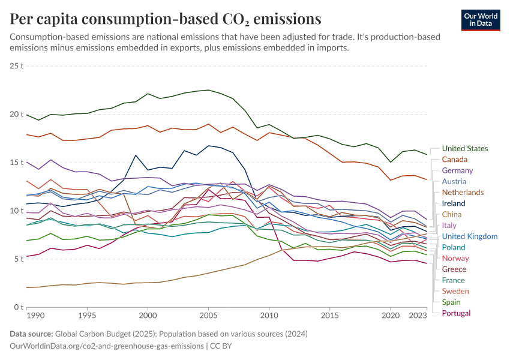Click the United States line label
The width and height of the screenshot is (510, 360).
[x=464, y=149]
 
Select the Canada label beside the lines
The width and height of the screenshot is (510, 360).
[x=454, y=160]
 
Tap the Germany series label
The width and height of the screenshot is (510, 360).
[x=457, y=170]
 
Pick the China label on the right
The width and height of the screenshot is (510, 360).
[x=451, y=214]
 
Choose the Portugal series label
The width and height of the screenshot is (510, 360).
[x=456, y=313]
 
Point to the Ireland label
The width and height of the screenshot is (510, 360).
[x=454, y=203]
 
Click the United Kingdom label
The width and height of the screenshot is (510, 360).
[x=470, y=236]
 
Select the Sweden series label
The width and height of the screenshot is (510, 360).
[x=455, y=291]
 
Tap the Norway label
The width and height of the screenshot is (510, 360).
[x=455, y=258]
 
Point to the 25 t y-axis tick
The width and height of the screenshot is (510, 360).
[x=17, y=65]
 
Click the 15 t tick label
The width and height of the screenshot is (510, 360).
[x=17, y=162]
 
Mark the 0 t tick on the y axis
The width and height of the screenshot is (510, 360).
[x=19, y=307]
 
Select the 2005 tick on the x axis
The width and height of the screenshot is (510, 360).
[x=208, y=315]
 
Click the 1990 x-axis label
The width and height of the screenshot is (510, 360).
[x=35, y=315]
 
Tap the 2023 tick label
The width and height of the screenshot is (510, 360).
[x=418, y=315]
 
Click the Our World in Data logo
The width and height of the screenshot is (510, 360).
[x=480, y=20]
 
